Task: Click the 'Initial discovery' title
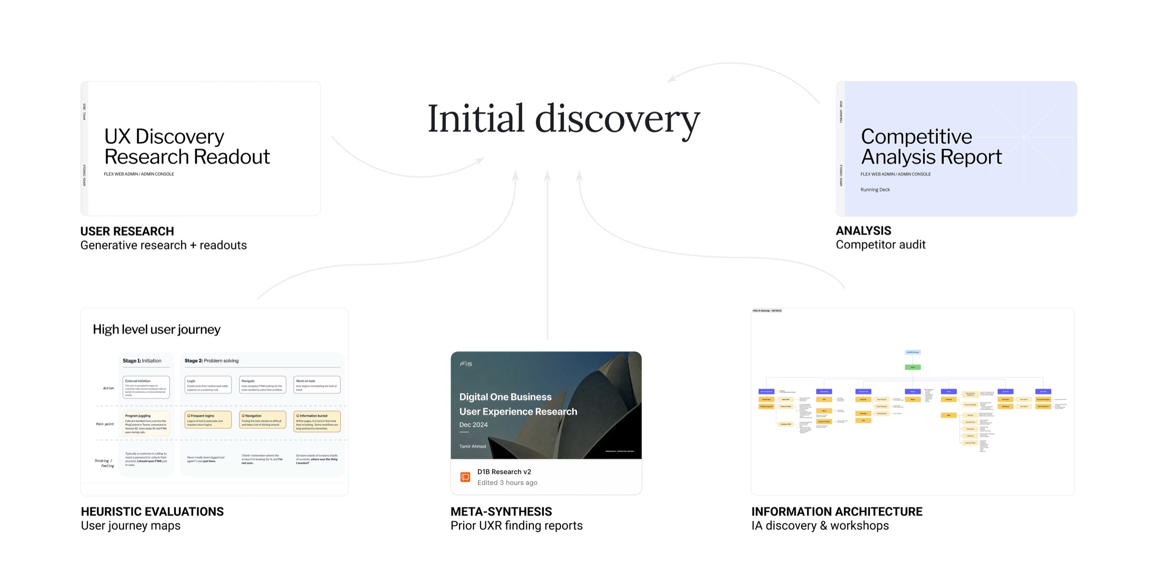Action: pyautogui.click(x=563, y=118)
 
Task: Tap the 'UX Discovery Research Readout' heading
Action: pyautogui.click(x=187, y=146)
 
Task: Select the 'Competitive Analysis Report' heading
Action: pyautogui.click(x=931, y=146)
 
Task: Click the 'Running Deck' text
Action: pyautogui.click(x=875, y=190)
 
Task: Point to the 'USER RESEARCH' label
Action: pyautogui.click(x=127, y=231)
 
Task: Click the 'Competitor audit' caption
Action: pyautogui.click(x=880, y=245)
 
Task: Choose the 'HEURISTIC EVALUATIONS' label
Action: pyautogui.click(x=152, y=511)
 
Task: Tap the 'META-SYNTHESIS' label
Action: pyautogui.click(x=501, y=511)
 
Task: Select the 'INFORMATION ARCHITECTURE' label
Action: pyautogui.click(x=836, y=511)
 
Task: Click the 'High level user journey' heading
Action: pyautogui.click(x=156, y=330)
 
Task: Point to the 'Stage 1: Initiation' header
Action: pyautogui.click(x=142, y=361)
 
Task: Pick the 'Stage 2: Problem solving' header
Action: pyautogui.click(x=211, y=361)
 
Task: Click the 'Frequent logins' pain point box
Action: pyautogui.click(x=208, y=420)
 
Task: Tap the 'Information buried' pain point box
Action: pyautogui.click(x=317, y=421)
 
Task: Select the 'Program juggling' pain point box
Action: pyautogui.click(x=146, y=423)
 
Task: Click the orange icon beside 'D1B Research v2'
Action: pyautogui.click(x=465, y=477)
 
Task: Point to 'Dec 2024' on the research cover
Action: pyautogui.click(x=473, y=425)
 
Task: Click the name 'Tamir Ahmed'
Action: pyautogui.click(x=472, y=447)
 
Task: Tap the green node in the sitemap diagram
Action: pyautogui.click(x=912, y=367)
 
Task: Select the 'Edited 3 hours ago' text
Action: pyautogui.click(x=507, y=483)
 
